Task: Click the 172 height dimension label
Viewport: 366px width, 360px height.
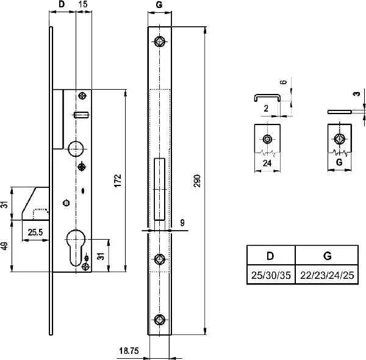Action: (118, 180)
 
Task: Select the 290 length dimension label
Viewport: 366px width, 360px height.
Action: (197, 181)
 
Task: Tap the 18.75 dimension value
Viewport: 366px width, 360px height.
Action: (127, 351)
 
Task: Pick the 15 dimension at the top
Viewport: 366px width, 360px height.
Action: (82, 5)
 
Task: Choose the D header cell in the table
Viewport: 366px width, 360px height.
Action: (270, 254)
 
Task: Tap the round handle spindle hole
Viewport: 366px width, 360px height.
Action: (77, 148)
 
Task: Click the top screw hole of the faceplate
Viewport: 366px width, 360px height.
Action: (160, 41)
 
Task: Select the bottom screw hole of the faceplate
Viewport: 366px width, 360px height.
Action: (160, 319)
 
